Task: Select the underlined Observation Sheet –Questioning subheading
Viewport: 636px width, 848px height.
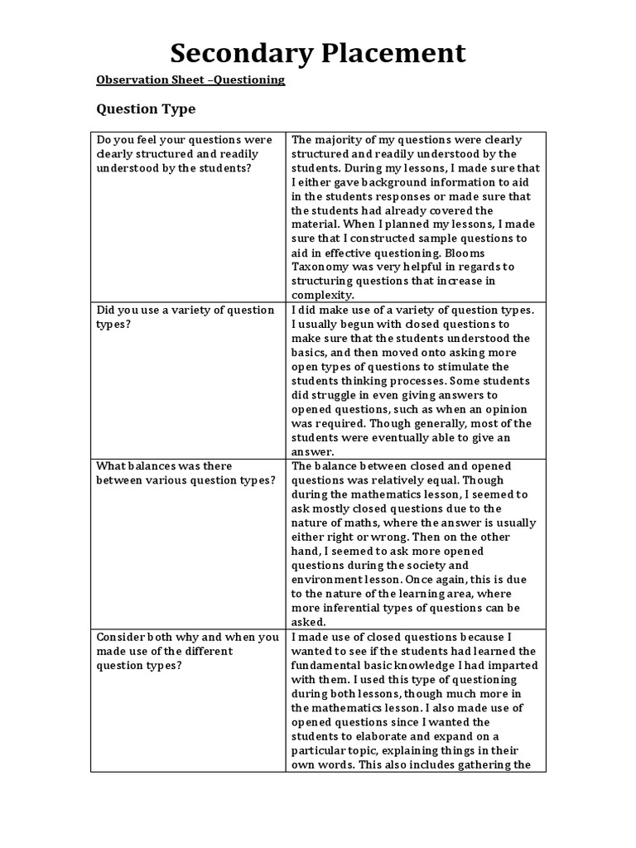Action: point(190,80)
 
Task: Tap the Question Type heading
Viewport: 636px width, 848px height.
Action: point(147,109)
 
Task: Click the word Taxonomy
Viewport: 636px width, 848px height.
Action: point(320,267)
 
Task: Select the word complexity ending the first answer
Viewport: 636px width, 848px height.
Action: point(322,295)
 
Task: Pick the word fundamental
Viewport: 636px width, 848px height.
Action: point(332,665)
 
